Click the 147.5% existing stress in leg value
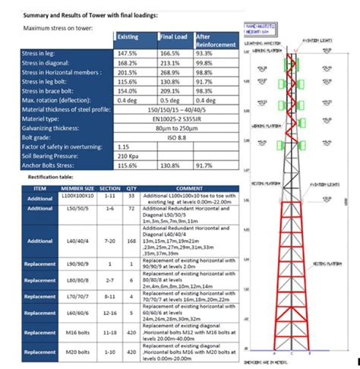pyautogui.click(x=127, y=54)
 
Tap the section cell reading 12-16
pyautogui.click(x=110, y=313)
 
